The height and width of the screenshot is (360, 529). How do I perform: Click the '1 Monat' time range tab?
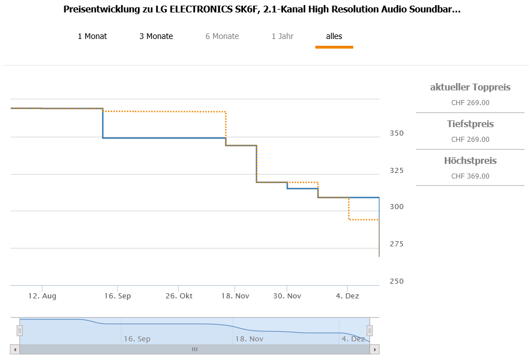[x=92, y=36]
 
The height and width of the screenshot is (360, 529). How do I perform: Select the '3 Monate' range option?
[x=156, y=36]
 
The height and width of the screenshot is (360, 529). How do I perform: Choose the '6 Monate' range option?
[x=222, y=36]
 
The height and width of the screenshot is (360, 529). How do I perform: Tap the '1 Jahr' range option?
[x=283, y=36]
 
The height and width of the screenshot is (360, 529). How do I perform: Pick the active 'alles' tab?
[x=334, y=36]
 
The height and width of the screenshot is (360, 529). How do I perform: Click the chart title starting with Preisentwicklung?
[x=262, y=10]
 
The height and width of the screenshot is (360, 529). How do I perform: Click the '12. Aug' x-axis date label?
[x=42, y=296]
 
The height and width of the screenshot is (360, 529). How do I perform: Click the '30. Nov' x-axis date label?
[x=287, y=296]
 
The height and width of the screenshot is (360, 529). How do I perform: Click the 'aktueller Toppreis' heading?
[x=470, y=87]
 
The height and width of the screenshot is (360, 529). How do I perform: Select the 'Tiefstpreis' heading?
[x=470, y=124]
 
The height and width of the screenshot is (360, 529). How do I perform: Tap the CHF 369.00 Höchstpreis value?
[x=470, y=176]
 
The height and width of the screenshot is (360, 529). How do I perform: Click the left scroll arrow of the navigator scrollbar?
[x=15, y=350]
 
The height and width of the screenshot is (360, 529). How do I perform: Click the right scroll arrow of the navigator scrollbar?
[x=374, y=350]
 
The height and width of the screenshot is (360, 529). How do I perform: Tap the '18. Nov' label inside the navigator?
[x=249, y=339]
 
